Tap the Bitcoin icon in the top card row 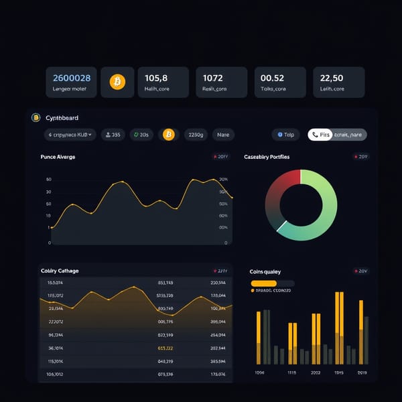(x=117, y=82)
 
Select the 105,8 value (x=156, y=78)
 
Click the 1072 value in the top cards (x=212, y=78)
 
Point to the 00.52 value (x=272, y=78)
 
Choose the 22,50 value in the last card (x=332, y=78)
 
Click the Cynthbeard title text (x=63, y=118)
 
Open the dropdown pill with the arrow (x=70, y=135)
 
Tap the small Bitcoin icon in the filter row (x=169, y=135)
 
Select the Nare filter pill (x=223, y=135)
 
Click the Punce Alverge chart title (x=58, y=157)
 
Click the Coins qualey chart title (x=265, y=271)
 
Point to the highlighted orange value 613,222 (x=165, y=348)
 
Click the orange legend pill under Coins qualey (x=263, y=283)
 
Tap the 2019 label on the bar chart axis (x=362, y=372)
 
